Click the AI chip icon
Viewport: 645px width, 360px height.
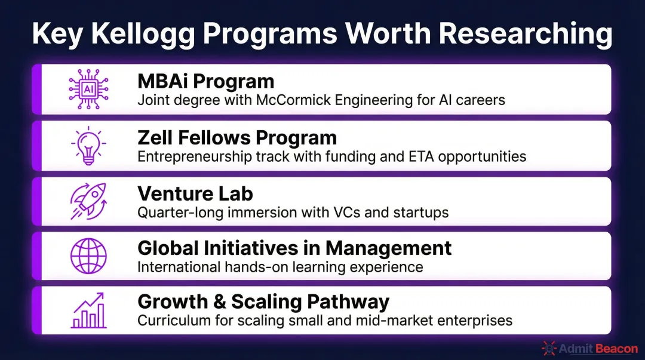(x=88, y=89)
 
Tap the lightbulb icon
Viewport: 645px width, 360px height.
(x=88, y=145)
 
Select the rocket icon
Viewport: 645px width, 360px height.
(x=88, y=201)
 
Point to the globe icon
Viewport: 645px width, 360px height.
(x=88, y=256)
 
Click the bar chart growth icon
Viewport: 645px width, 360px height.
(x=88, y=310)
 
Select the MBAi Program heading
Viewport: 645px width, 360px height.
(x=206, y=81)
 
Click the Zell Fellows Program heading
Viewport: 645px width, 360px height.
(x=237, y=138)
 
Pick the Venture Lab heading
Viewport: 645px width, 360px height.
(x=195, y=193)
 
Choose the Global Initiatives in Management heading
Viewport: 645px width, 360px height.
(x=294, y=248)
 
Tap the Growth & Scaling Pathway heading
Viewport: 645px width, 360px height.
(x=263, y=302)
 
